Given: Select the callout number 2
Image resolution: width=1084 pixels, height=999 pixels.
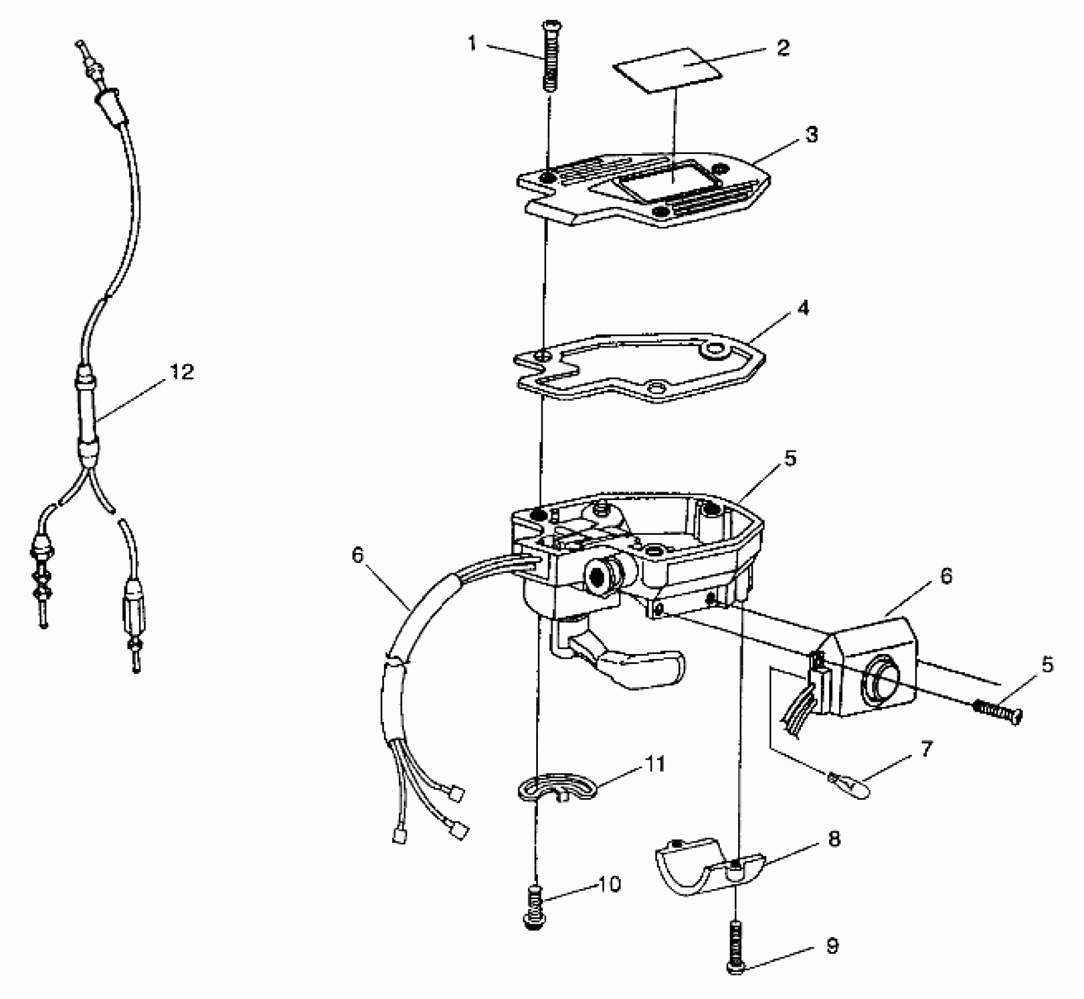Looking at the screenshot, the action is click(783, 48).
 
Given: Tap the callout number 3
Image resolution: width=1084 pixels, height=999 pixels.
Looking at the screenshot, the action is click(811, 135).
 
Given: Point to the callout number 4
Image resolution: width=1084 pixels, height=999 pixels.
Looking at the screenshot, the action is click(803, 307).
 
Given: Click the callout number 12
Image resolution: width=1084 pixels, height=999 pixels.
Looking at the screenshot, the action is click(183, 371).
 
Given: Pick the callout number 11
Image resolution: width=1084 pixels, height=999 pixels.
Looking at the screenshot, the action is click(655, 764).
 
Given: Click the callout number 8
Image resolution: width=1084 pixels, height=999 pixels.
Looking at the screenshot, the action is click(834, 839).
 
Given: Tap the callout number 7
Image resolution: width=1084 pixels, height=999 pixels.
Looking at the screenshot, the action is click(925, 749).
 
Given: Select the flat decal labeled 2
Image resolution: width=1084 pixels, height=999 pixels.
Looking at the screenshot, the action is click(668, 69).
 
